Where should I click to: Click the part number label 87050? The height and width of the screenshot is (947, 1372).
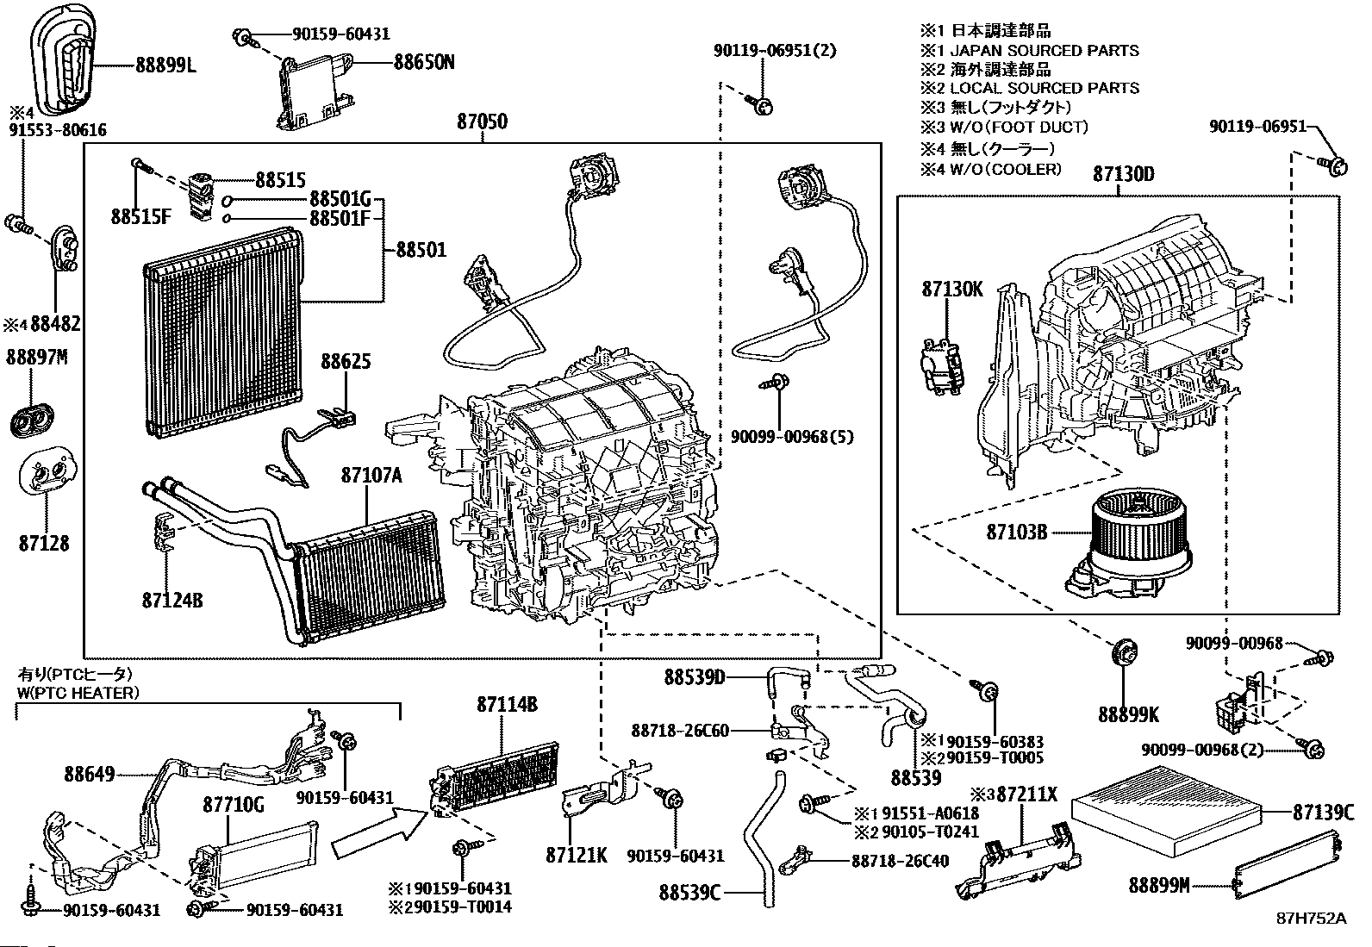(x=482, y=121)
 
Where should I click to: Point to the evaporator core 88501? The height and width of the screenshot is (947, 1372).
(x=222, y=333)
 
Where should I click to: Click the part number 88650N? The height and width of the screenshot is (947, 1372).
(x=424, y=62)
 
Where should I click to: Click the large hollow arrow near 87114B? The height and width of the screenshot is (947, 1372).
(x=379, y=832)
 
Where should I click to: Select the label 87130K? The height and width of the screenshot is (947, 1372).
(x=951, y=290)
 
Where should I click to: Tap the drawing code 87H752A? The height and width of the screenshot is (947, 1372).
(x=1311, y=918)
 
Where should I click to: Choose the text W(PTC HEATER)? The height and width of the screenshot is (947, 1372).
(x=77, y=692)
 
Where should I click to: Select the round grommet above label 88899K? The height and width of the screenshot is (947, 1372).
(x=1125, y=653)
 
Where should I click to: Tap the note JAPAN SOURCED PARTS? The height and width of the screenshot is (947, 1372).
(x=1044, y=51)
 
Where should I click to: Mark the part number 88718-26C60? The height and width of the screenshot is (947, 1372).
(x=680, y=731)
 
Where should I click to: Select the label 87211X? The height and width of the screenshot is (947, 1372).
(x=1026, y=794)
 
